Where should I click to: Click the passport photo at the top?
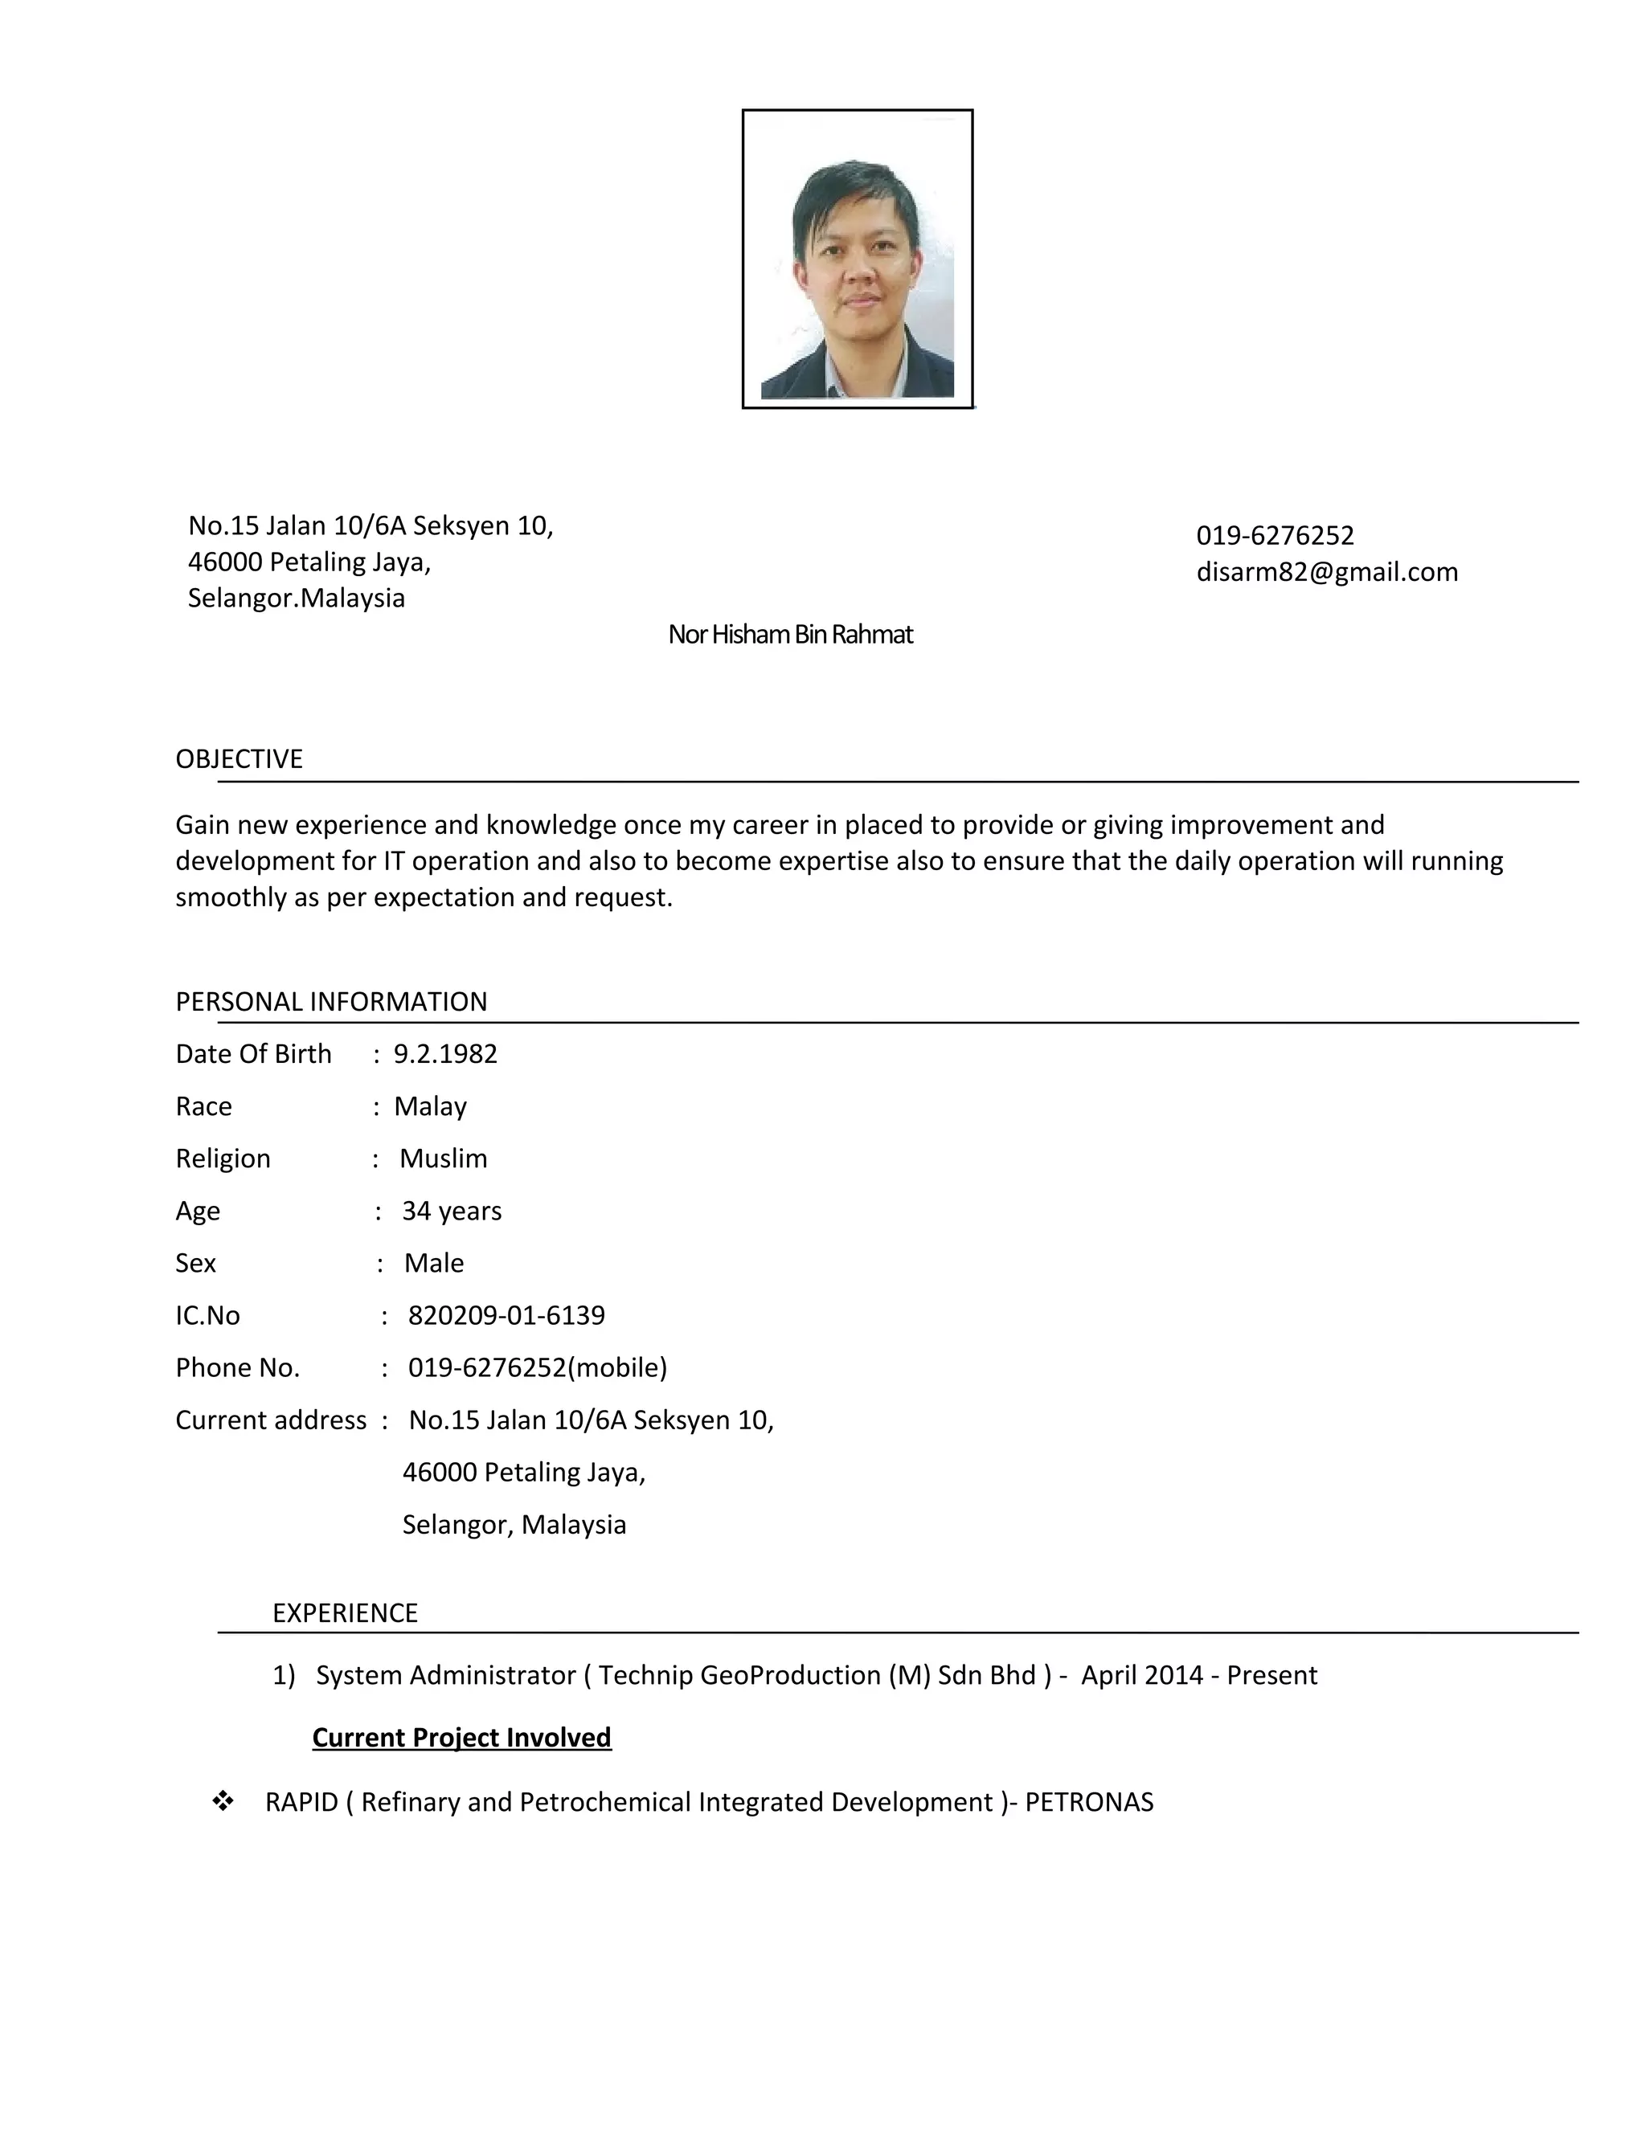857,259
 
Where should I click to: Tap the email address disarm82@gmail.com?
1326,572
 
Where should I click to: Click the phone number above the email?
1275,535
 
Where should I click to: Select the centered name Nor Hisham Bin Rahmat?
790,635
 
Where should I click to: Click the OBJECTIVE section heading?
239,759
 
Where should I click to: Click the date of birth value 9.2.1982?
445,1054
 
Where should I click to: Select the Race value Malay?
430,1106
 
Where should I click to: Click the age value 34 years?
452,1211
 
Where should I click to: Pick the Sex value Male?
434,1264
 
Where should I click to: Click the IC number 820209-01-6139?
506,1316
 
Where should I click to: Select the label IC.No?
207,1316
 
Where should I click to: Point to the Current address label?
270,1420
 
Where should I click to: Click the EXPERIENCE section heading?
345,1613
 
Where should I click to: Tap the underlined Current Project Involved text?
461,1737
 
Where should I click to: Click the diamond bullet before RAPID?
223,1801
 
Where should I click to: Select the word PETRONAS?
1088,1803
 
